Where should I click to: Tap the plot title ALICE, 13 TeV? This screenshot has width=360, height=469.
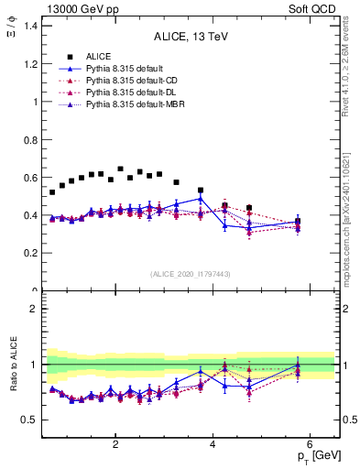pos(191,37)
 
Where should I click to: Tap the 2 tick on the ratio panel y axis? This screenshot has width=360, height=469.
pos(35,309)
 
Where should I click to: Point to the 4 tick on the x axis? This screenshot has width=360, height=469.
pos(213,445)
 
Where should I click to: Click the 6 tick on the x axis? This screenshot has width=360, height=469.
pos(310,445)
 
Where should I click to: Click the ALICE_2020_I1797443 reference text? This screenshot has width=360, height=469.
pos(191,275)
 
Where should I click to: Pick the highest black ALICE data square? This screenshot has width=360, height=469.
pos(120,169)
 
